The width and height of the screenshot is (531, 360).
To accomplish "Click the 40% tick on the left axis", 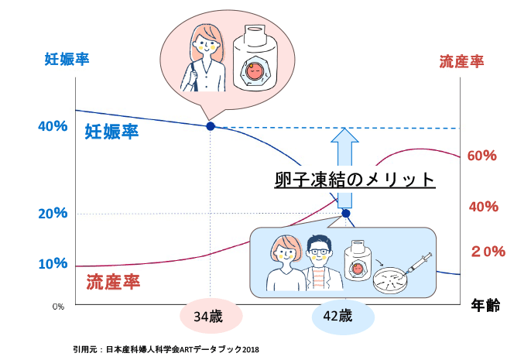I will (x=53, y=126).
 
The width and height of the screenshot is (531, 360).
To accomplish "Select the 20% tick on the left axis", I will (x=53, y=214).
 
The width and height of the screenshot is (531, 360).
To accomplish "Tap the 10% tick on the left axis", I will (x=53, y=263).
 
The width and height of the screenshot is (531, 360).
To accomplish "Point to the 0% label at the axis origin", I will (x=58, y=307).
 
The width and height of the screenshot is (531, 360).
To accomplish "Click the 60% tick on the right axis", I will (x=481, y=156).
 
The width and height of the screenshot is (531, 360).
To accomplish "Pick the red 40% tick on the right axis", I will (x=483, y=207).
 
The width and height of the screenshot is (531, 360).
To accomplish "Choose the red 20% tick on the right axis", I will (x=488, y=251).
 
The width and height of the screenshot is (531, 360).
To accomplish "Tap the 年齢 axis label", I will (x=485, y=306).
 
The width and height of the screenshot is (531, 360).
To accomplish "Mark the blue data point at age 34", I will (x=211, y=126).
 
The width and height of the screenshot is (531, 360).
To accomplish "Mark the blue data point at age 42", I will (x=346, y=214).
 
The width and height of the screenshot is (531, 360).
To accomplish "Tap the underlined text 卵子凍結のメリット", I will (x=355, y=180).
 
